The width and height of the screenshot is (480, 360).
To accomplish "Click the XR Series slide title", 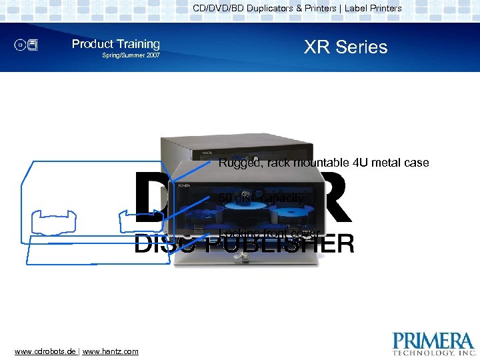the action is point(345,47).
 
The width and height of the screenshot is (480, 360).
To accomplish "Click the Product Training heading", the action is point(116,44).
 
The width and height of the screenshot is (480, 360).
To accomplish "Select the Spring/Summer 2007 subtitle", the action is point(131,55).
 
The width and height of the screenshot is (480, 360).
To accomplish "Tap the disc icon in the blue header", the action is point(21,45).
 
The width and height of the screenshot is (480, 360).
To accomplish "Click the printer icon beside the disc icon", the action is point(34,45).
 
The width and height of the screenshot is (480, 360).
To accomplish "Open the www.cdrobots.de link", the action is point(45,351).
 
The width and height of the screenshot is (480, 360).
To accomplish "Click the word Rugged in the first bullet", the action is point(237,163).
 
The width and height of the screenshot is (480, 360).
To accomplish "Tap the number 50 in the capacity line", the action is point(225,198).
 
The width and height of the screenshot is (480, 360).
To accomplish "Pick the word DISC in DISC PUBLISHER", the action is point(160,245).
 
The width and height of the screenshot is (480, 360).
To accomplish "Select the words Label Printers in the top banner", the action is point(373,9).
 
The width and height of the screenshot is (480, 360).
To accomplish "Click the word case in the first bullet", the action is point(416,163).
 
